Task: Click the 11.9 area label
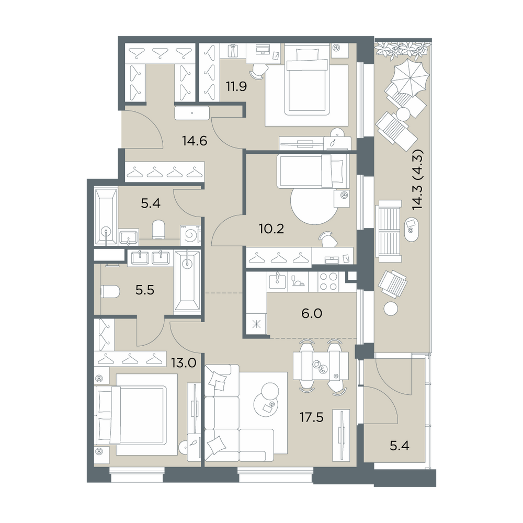236,87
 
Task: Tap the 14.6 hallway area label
195,141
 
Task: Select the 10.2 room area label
271,229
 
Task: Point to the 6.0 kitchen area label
312,313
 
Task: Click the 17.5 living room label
311,417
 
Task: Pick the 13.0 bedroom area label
184,362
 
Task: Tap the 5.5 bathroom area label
145,290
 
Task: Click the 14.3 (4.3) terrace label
417,179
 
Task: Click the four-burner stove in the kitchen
328,281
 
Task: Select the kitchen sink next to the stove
277,281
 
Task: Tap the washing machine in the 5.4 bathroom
190,235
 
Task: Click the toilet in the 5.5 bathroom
110,291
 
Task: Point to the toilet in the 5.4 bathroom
158,229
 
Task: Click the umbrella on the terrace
410,78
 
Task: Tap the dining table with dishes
321,366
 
